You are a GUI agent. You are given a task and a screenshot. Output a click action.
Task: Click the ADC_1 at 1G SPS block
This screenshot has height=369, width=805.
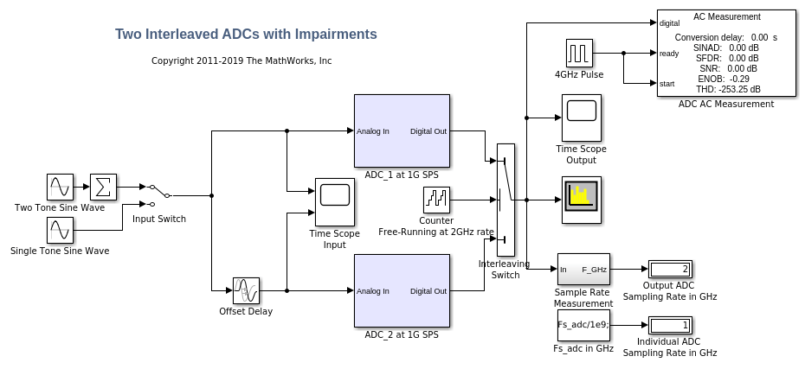(402, 130)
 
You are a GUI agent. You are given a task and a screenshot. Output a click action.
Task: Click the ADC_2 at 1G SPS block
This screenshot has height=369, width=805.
(402, 290)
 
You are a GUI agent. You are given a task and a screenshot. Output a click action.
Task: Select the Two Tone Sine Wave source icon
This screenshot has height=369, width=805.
(60, 187)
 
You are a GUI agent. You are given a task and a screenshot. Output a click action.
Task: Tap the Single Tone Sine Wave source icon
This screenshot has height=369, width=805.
(60, 230)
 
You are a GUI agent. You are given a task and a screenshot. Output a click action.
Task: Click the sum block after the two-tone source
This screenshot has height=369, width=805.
(103, 187)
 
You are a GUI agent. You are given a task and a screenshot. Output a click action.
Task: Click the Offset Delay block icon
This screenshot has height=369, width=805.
(246, 290)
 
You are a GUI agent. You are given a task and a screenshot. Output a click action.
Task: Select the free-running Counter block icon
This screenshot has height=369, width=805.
(435, 200)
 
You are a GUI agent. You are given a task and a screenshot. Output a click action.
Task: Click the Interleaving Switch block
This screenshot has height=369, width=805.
(506, 199)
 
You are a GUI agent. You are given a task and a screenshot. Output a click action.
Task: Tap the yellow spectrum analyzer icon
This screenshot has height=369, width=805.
(581, 200)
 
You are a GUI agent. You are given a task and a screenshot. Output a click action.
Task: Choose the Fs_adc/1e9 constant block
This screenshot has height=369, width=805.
(583, 325)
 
